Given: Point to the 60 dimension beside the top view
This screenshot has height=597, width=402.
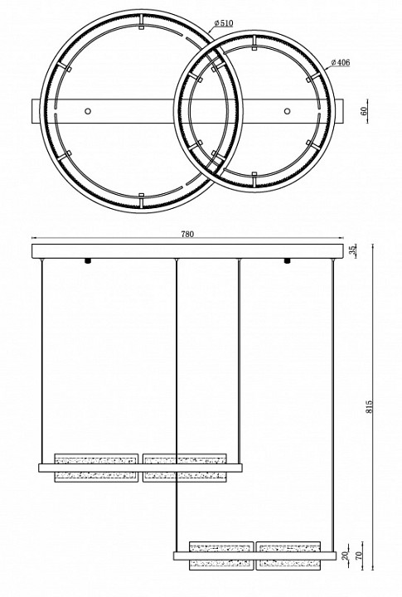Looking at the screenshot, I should click(x=365, y=110).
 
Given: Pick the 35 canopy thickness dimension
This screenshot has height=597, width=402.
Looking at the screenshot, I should click(x=353, y=250).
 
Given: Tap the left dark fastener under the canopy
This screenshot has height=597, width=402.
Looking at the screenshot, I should click(x=87, y=262).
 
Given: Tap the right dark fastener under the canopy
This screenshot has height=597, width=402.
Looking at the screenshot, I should click(x=287, y=262).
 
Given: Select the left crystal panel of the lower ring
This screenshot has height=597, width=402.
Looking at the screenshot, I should click(x=221, y=554).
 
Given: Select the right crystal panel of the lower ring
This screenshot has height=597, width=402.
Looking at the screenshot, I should click(x=288, y=554).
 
